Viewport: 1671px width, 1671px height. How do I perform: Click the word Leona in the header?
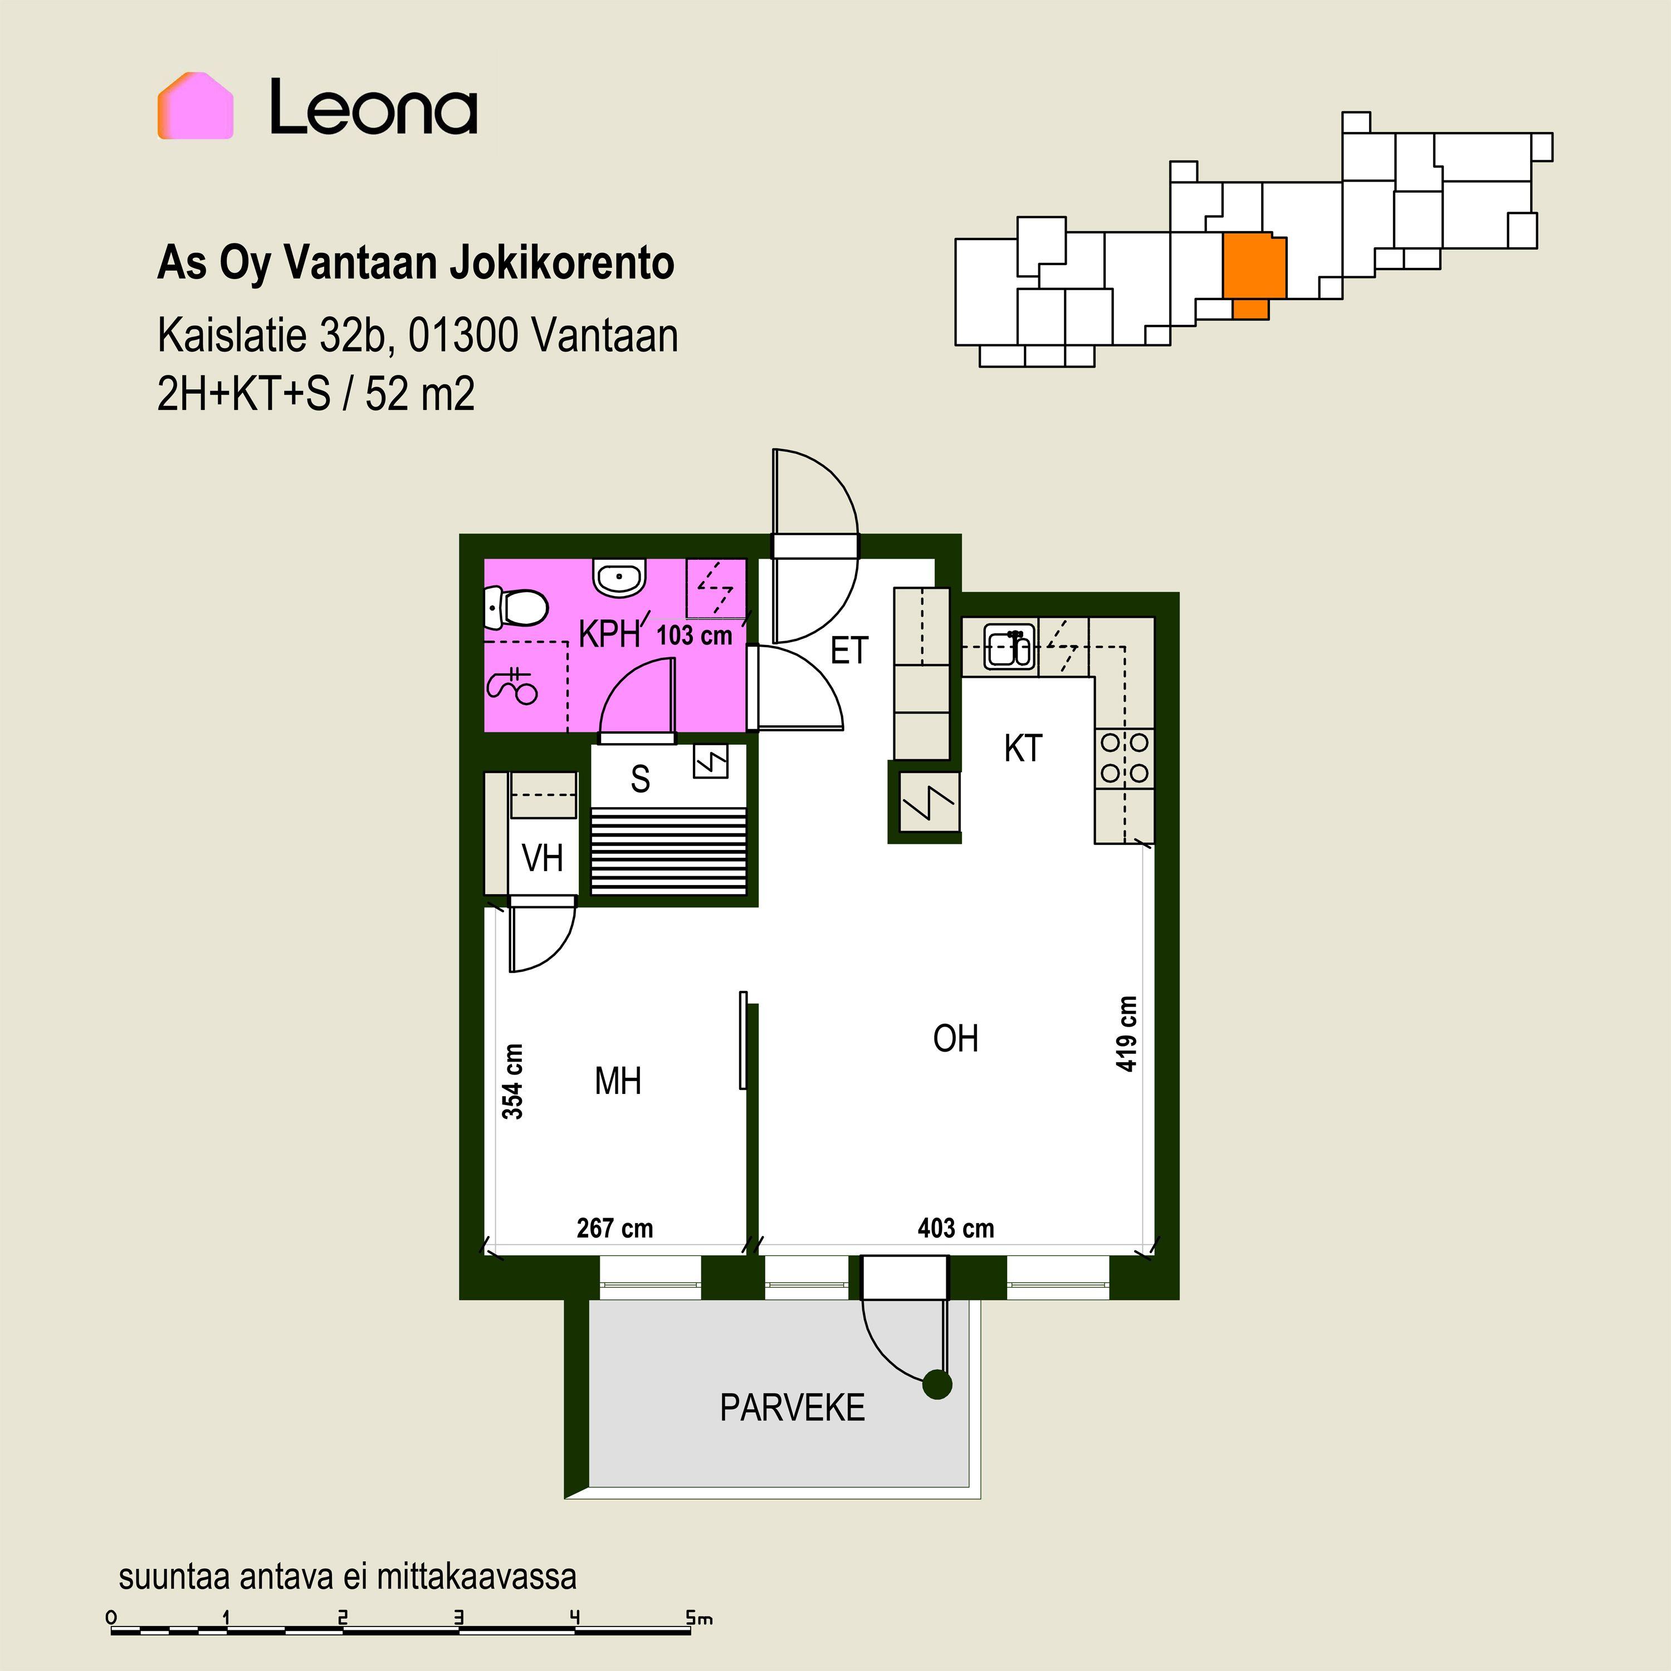(374, 108)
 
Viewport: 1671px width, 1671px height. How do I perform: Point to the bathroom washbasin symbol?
(619, 577)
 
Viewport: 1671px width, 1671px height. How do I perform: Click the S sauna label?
(640, 779)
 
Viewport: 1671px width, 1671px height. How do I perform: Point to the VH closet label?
(543, 858)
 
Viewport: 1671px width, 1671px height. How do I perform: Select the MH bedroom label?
(618, 1081)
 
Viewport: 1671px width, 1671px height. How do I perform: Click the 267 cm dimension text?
(615, 1228)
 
